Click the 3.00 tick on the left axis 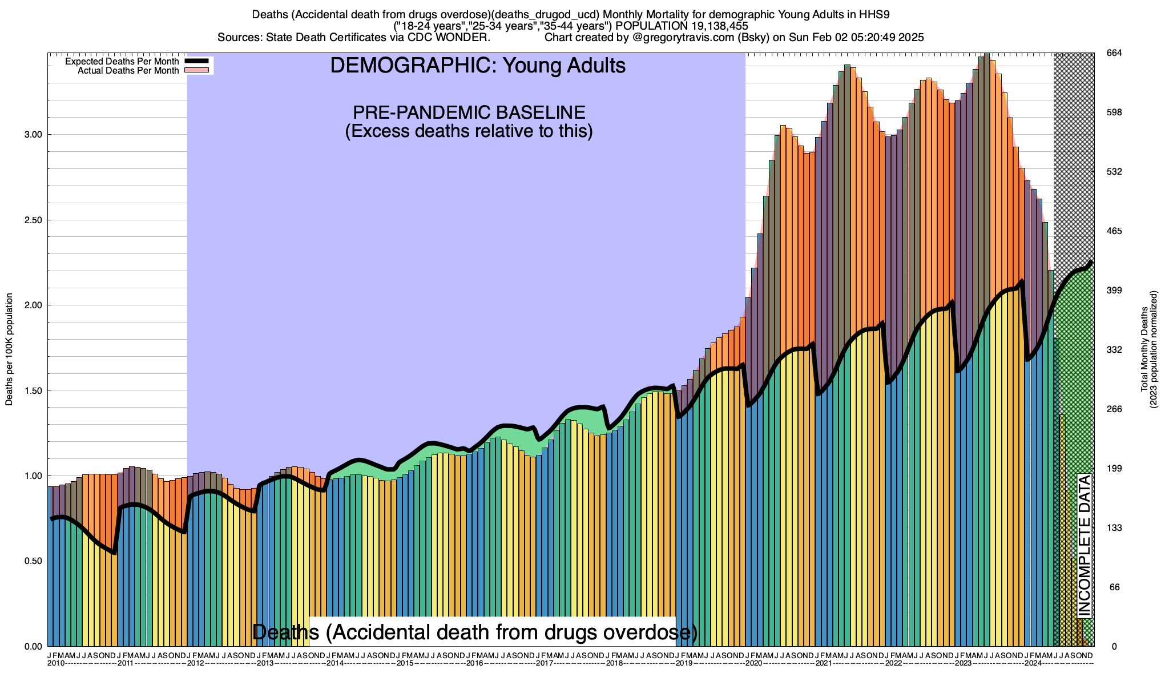click(33, 135)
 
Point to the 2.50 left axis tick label click(33, 220)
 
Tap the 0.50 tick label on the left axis click(33, 561)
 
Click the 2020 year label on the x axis click(753, 663)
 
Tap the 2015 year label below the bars click(405, 663)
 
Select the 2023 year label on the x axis click(963, 663)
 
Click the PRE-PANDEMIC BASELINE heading click(469, 112)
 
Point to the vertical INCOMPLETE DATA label click(1084, 545)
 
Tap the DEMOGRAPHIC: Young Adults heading click(478, 66)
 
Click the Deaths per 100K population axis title click(9, 349)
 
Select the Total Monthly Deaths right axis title click(1144, 349)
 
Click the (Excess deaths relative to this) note click(469, 131)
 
